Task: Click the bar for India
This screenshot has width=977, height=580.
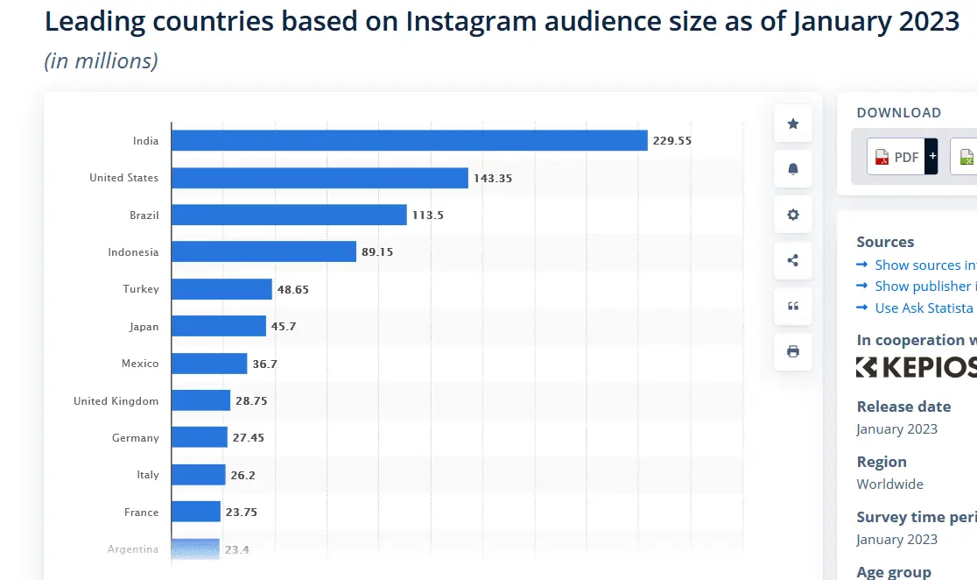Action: pyautogui.click(x=409, y=140)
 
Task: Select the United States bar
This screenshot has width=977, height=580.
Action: pyautogui.click(x=320, y=178)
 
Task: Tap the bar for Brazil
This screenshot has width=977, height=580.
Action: pyautogui.click(x=289, y=215)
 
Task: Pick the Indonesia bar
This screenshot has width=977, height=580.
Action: pyautogui.click(x=264, y=252)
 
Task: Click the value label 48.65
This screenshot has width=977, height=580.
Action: pyautogui.click(x=293, y=289)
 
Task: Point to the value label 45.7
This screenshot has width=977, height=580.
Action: pyautogui.click(x=284, y=327)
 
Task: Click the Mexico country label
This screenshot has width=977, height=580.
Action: pyautogui.click(x=140, y=364)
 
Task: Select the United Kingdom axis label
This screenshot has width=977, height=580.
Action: pyautogui.click(x=116, y=401)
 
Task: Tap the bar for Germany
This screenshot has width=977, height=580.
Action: pyautogui.click(x=199, y=437)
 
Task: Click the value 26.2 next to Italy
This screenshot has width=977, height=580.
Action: pyautogui.click(x=243, y=475)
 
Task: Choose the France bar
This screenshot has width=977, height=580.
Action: pyautogui.click(x=195, y=512)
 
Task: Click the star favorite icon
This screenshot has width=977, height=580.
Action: pyautogui.click(x=793, y=124)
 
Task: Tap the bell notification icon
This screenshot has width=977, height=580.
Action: pyautogui.click(x=793, y=169)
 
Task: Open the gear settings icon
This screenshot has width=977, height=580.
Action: pyautogui.click(x=793, y=215)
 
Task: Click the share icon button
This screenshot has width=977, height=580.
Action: pyautogui.click(x=793, y=260)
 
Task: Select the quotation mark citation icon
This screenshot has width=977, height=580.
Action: pyautogui.click(x=793, y=306)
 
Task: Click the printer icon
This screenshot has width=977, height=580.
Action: pyautogui.click(x=793, y=351)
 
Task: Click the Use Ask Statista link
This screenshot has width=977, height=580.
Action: pyautogui.click(x=924, y=308)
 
